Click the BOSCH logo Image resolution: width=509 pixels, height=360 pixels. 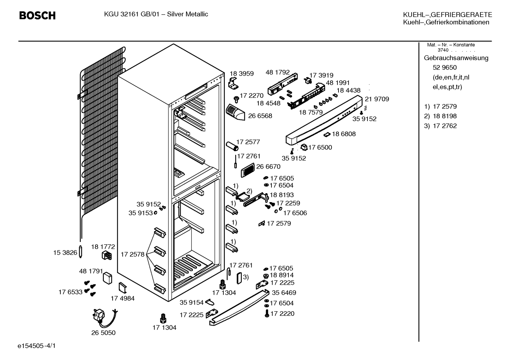pos(37,16)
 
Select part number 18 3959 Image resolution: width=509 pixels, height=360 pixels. pos(241,74)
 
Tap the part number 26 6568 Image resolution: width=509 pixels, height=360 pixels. pos(260,116)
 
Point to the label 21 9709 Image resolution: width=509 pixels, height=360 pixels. pos(377,99)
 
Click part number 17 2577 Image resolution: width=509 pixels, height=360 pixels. pos(248,142)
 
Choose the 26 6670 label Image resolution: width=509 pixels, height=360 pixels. pos(268,166)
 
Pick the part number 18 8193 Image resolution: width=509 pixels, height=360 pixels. pos(282,195)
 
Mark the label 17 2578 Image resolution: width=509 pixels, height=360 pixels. pos(132,254)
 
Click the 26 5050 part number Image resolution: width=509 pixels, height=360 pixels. pos(103,333)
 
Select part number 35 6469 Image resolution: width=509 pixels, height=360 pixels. pos(284,293)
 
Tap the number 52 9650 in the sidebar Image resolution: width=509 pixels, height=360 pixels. pos(444,67)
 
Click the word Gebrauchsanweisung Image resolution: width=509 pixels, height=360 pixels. pos(456,58)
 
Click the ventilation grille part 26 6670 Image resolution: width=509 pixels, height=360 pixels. pos(248,170)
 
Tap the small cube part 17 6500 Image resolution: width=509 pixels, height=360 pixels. pos(304,147)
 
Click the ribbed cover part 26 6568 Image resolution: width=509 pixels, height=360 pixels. pos(235,112)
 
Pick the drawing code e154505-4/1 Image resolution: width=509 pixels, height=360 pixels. pos(37,346)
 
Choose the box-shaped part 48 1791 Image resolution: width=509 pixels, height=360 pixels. pos(107,278)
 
